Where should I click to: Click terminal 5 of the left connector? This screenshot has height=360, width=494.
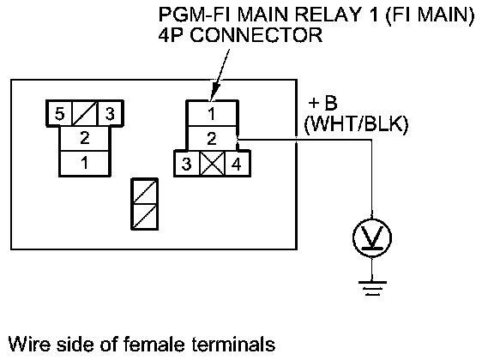59,113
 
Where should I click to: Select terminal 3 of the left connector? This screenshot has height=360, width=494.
111,113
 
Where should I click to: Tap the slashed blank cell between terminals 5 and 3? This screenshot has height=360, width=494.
85,113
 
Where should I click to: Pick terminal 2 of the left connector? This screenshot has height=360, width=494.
85,138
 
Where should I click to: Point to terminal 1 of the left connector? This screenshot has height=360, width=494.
85,163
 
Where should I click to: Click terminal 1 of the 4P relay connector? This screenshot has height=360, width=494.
212,113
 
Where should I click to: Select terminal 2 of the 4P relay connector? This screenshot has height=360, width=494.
212,139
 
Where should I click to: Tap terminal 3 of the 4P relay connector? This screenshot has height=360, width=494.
187,164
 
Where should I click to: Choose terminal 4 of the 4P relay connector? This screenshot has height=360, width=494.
238,164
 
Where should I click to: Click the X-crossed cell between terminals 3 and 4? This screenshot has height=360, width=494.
213,164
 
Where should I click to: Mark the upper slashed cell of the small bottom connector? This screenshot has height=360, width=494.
145,191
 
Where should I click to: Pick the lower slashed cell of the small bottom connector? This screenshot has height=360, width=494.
145,217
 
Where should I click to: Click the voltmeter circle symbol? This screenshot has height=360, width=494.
372,237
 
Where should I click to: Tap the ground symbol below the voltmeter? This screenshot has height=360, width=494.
372,288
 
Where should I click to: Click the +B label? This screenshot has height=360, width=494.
322,103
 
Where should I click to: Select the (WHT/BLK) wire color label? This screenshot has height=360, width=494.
356,123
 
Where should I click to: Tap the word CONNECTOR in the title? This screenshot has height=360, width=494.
256,34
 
